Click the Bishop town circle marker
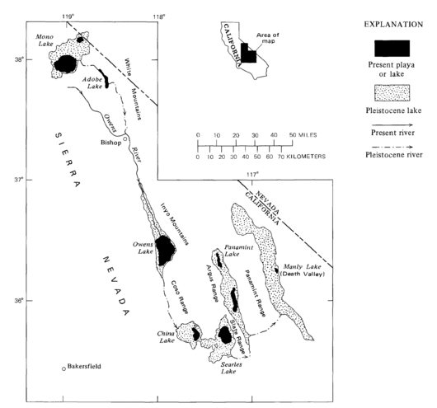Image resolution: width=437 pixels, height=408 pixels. point(125,138)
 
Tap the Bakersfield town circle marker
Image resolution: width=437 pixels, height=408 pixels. point(63,368)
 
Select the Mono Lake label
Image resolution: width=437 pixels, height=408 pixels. point(45,40)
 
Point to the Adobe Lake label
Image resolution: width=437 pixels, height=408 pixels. point(92,82)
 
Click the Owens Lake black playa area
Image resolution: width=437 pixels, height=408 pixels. point(165,251)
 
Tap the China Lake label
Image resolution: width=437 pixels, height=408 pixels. point(166,337)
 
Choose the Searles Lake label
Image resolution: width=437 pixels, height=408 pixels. point(232,368)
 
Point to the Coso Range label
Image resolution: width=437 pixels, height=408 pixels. point(179,297)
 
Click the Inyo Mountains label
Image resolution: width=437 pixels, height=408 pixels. point(175,224)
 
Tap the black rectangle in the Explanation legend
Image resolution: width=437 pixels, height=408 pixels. point(392,49)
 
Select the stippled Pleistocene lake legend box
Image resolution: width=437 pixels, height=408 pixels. point(392,93)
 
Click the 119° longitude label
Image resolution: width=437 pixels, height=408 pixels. point(67,16)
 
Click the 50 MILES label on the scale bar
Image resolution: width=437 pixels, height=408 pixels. point(303,135)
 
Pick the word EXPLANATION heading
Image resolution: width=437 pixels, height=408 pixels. point(393,25)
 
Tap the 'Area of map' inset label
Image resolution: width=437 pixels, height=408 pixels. point(268,38)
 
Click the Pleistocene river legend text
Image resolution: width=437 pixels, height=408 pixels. point(394,155)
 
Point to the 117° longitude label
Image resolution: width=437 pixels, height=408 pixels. point(252,175)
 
